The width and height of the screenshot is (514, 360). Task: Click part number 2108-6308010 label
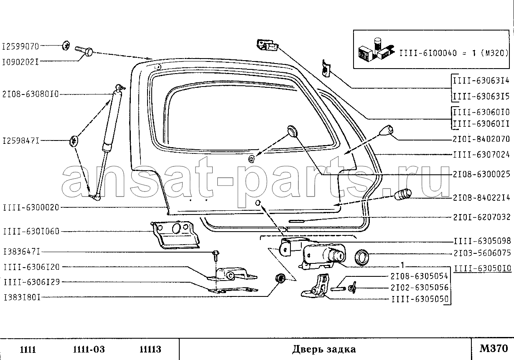click(31, 94)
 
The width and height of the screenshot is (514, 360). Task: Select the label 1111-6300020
click(31, 207)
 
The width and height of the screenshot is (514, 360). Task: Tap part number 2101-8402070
click(481, 139)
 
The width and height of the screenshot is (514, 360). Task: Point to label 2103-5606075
click(482, 253)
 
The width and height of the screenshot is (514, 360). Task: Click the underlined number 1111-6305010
click(483, 268)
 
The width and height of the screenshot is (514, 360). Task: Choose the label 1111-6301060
click(31, 231)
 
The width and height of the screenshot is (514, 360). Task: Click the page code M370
click(494, 349)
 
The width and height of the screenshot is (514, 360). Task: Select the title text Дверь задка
click(324, 349)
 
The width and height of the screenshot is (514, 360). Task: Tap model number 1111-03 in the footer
click(89, 350)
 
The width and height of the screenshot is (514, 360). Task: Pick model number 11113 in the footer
click(150, 350)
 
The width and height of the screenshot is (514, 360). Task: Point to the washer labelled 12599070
click(66, 46)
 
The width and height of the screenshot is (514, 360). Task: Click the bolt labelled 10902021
click(84, 51)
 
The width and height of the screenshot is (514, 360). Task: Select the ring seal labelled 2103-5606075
click(362, 257)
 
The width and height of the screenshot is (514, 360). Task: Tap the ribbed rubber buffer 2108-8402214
click(403, 194)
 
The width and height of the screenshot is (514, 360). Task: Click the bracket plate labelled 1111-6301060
click(175, 235)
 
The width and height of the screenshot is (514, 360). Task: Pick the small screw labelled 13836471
click(216, 255)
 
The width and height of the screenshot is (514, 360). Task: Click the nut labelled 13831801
click(280, 278)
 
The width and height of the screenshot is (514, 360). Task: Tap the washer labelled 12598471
click(74, 141)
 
